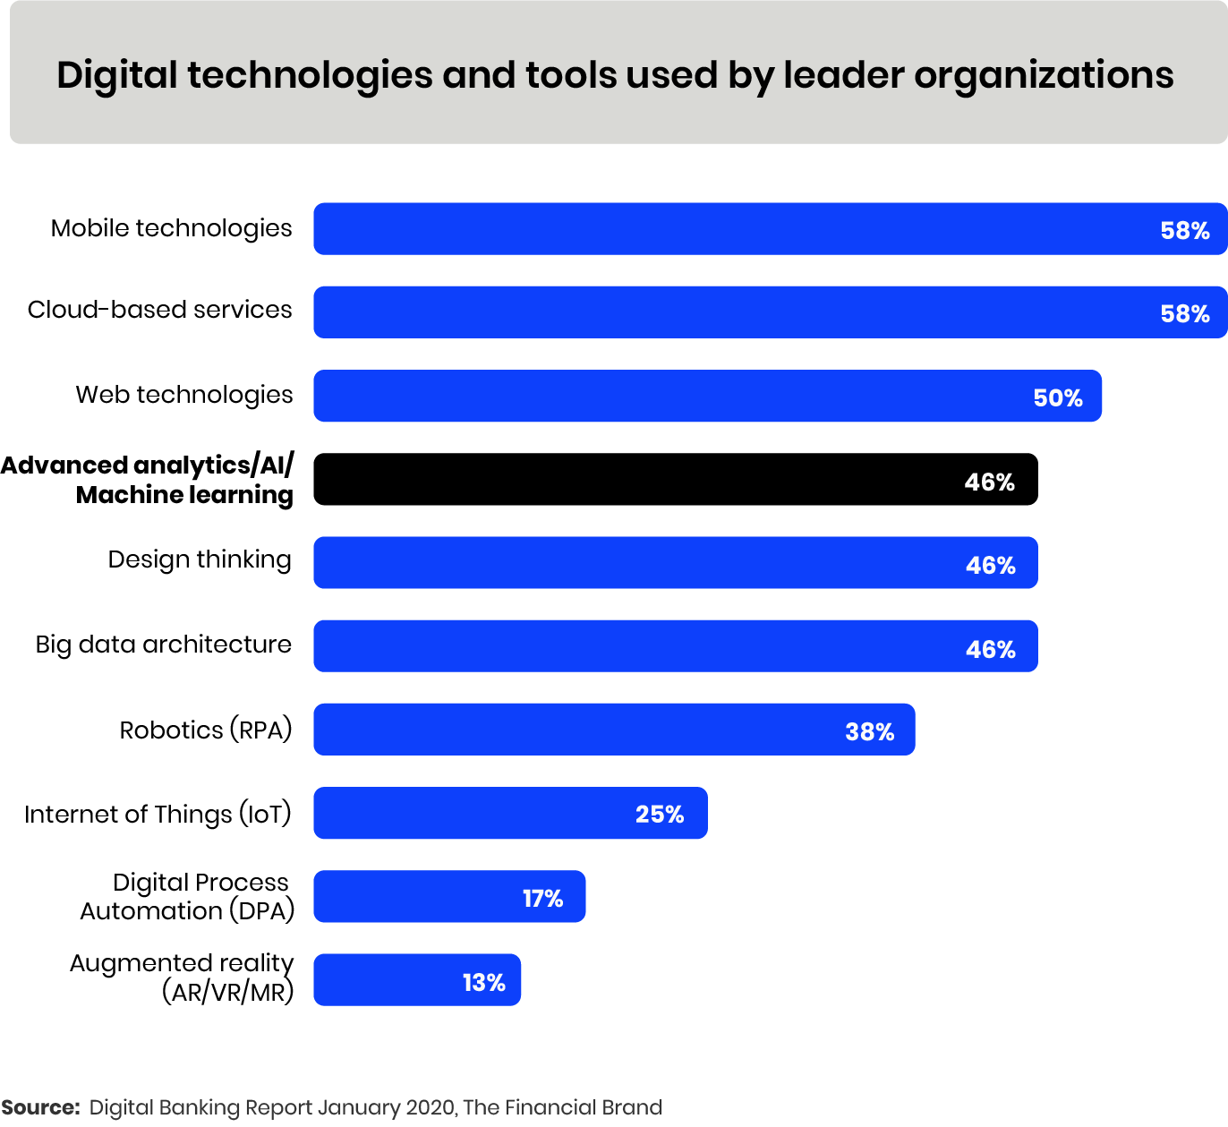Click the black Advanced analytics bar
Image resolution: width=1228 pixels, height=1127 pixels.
[675, 480]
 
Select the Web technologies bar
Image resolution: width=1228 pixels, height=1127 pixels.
[707, 396]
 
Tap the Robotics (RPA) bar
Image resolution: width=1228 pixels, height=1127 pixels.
[614, 730]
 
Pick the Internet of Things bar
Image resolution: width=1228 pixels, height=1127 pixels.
[510, 814]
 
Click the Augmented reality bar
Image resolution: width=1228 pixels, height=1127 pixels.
[417, 980]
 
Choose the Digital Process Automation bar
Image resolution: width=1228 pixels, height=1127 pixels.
[449, 897]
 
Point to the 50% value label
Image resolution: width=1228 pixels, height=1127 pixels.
[1058, 398]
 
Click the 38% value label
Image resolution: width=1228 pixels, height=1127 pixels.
[870, 732]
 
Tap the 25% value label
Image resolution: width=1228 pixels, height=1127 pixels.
[660, 815]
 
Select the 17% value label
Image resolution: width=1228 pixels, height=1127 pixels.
[542, 899]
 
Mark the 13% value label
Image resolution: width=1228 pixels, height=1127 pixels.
[484, 983]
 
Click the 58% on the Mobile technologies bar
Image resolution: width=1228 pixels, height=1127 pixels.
[1185, 231]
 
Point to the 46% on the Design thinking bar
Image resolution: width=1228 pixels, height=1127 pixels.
[991, 566]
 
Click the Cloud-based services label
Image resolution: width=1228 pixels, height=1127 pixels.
[159, 310]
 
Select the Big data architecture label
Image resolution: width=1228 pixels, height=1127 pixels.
[163, 645]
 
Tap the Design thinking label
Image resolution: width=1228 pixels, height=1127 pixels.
[200, 560]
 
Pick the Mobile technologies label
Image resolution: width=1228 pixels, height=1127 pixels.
[171, 228]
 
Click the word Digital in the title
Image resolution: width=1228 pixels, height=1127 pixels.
[117, 76]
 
